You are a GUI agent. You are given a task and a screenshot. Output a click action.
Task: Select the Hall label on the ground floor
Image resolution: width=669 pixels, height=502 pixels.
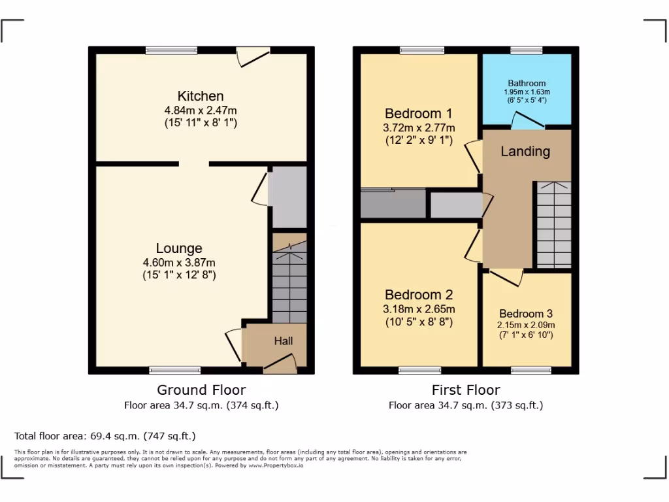[x=283, y=341]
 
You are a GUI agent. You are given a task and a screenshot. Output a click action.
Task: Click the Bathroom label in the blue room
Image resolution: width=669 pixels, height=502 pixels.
[x=527, y=83]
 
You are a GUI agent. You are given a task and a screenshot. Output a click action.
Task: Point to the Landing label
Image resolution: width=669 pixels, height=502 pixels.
[x=525, y=151]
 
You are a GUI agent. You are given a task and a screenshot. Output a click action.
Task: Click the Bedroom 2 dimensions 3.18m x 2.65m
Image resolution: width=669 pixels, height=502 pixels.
[x=419, y=309]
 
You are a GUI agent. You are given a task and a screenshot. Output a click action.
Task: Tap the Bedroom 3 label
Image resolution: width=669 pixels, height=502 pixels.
[x=526, y=313]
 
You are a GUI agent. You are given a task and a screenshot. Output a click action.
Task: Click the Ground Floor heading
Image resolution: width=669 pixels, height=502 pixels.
[x=201, y=390]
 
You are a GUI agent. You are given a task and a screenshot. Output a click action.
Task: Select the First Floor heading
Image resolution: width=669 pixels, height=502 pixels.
[x=466, y=390]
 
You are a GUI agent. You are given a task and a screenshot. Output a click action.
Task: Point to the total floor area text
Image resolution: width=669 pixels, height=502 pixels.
[x=105, y=436]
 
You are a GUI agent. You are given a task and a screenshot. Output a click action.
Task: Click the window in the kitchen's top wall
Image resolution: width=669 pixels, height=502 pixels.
[x=171, y=50]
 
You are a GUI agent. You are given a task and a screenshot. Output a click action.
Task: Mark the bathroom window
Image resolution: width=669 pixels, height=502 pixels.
[x=527, y=50]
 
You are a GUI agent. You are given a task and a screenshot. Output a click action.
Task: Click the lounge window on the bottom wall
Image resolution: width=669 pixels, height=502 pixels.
[x=166, y=371]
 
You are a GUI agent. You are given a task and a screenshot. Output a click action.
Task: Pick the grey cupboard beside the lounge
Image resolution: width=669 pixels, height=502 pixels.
[x=288, y=196]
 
